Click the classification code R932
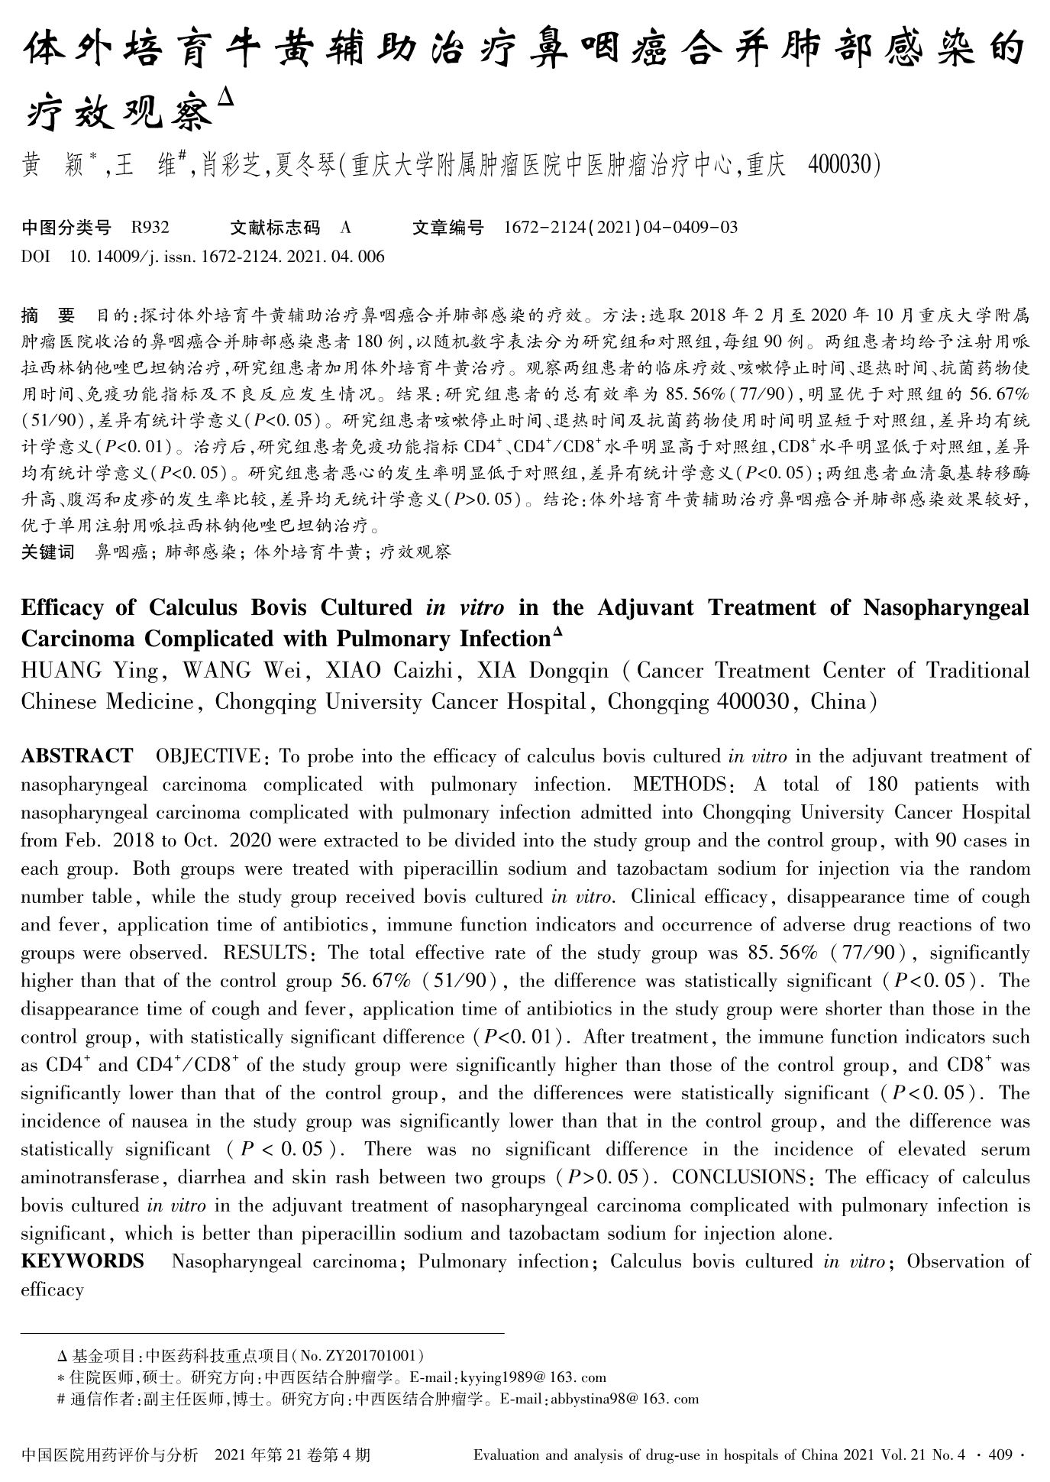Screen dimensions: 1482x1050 point(150,227)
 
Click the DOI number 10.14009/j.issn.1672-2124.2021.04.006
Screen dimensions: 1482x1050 point(227,257)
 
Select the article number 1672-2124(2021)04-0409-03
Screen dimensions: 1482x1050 point(621,227)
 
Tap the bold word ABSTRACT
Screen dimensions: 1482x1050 point(77,756)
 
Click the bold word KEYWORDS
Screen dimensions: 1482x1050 point(82,1261)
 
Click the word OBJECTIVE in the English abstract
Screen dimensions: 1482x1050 point(208,756)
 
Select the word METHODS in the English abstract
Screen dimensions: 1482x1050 point(678,785)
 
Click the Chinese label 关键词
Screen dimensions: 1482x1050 point(47,552)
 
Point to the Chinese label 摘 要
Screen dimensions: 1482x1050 point(48,315)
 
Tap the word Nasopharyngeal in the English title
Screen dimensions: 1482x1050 point(946,607)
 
